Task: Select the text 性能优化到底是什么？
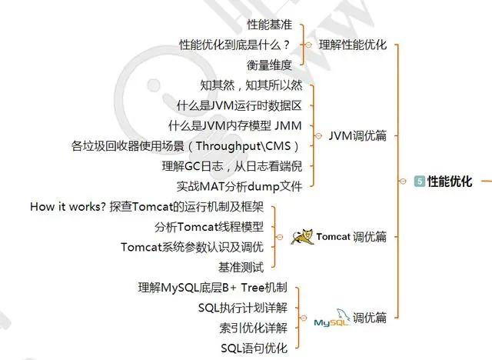[x=234, y=45]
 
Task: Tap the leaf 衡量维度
[x=269, y=64]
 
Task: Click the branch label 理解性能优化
[x=352, y=45]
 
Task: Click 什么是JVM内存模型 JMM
[x=235, y=125]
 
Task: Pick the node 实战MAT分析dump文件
[x=239, y=185]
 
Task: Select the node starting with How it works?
[x=147, y=207]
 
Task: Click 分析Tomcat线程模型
[x=209, y=227]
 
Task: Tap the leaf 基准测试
[x=241, y=267]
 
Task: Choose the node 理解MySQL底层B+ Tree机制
[x=213, y=288]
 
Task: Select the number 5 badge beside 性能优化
[x=419, y=182]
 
